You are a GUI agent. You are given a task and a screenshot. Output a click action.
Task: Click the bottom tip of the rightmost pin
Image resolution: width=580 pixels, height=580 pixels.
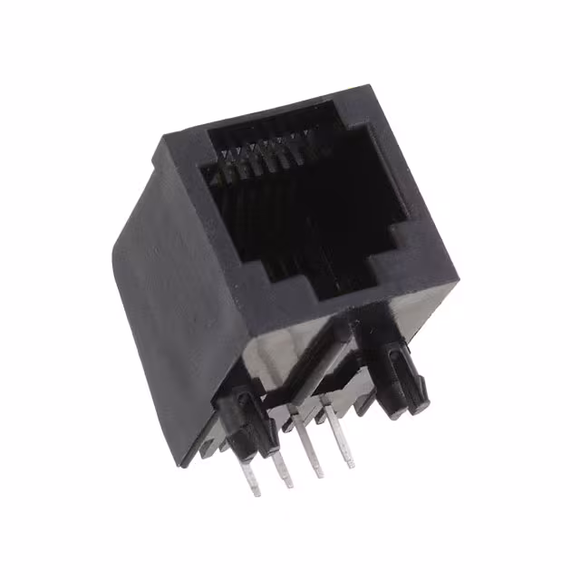[x=351, y=466]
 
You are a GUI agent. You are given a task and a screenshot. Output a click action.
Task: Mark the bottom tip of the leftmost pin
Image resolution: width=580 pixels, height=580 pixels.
[x=257, y=494]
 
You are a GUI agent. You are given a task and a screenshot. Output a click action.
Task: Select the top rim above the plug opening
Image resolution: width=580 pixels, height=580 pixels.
[x=272, y=113]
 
